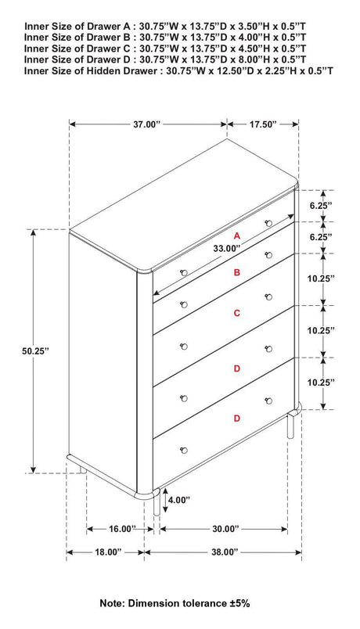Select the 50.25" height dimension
(x=35, y=352)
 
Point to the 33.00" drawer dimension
(x=225, y=248)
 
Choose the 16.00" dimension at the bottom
(x=121, y=528)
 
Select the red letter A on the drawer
(x=236, y=235)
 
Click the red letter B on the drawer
(x=236, y=273)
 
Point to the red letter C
(x=236, y=313)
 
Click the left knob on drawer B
(x=185, y=272)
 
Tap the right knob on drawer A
(x=268, y=224)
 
